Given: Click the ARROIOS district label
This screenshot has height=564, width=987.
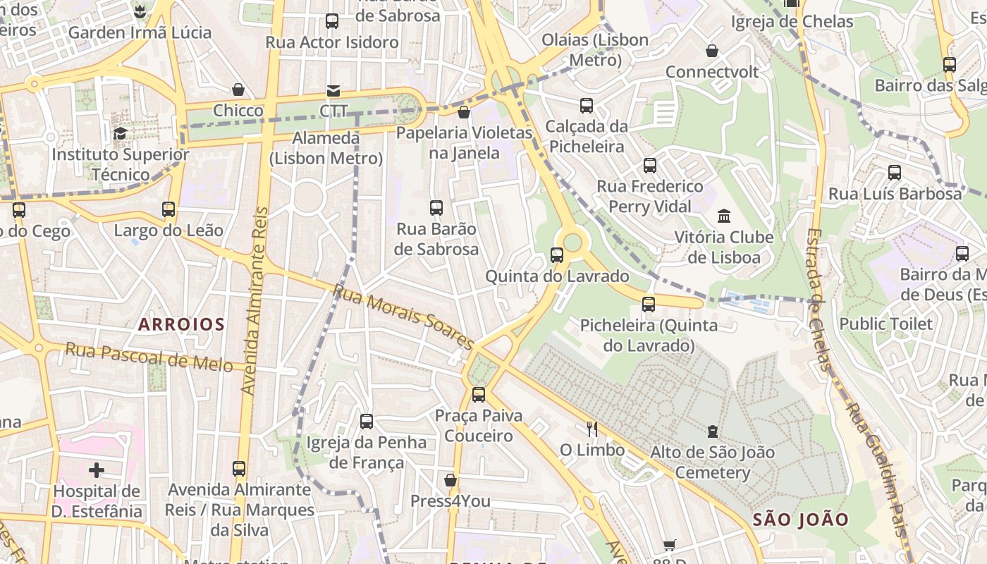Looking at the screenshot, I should (x=181, y=324).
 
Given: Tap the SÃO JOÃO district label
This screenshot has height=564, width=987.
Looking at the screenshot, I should (x=801, y=520).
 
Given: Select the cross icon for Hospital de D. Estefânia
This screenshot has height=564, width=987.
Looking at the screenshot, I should (x=97, y=470).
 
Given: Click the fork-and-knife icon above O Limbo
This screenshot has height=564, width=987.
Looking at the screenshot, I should (x=592, y=429).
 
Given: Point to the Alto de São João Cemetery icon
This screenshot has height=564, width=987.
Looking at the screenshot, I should (x=712, y=431).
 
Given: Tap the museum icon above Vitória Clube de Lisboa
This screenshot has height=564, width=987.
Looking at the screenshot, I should (x=724, y=216).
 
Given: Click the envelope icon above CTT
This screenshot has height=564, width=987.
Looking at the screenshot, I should (x=333, y=91).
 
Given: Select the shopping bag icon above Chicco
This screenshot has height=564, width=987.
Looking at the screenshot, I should (x=238, y=90).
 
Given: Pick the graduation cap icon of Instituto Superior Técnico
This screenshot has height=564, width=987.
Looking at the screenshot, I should (x=121, y=133).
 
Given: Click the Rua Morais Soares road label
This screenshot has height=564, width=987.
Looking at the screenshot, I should (x=403, y=317).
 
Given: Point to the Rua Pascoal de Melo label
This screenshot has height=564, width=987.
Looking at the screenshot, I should (x=149, y=357).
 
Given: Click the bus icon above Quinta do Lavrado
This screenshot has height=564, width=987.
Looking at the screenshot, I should (x=557, y=255).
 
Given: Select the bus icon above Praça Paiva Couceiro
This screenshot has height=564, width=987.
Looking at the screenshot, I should (x=479, y=394).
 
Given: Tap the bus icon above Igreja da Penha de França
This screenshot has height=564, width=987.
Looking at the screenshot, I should (x=367, y=422).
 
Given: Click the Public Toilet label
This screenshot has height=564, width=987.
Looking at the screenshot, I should (x=885, y=324).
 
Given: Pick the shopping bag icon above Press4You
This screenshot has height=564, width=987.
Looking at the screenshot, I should (x=450, y=481).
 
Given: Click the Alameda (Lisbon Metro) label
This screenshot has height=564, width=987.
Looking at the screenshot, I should (x=326, y=148).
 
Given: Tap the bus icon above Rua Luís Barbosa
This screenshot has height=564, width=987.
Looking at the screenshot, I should (x=895, y=172).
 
